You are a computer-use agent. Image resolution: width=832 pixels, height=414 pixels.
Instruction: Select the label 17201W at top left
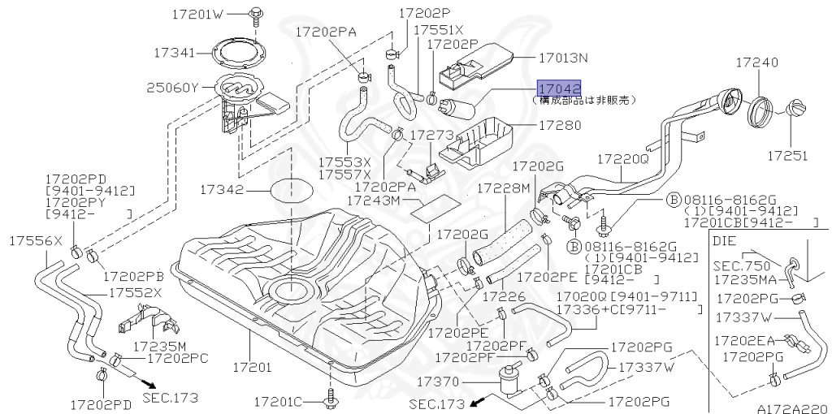point(197,14)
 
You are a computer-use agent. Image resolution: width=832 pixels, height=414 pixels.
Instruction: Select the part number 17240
point(756,62)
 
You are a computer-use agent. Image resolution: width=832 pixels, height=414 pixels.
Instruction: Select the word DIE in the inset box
point(724,240)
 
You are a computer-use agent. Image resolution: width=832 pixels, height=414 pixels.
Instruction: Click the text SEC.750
point(739,265)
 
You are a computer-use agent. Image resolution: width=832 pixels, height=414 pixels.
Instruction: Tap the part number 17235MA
point(744,278)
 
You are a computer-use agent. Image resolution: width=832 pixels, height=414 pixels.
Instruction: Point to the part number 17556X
point(36,241)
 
